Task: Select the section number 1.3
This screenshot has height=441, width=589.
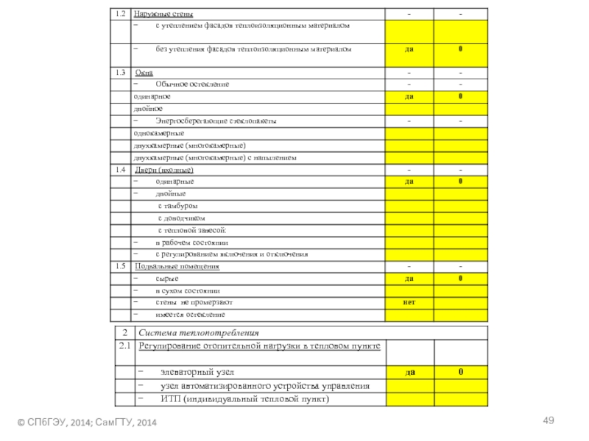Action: pyautogui.click(x=120, y=73)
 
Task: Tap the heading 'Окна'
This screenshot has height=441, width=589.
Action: pyautogui.click(x=144, y=73)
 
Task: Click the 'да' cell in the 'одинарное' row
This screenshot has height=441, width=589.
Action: pyautogui.click(x=407, y=96)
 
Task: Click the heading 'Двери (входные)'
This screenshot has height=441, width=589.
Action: pyautogui.click(x=164, y=170)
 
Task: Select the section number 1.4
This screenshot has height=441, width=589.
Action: pyautogui.click(x=120, y=170)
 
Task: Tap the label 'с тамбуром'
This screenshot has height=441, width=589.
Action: pyautogui.click(x=177, y=206)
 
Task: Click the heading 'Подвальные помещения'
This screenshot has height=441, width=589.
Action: pyautogui.click(x=177, y=266)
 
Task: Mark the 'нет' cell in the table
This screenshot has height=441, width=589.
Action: pyautogui.click(x=407, y=302)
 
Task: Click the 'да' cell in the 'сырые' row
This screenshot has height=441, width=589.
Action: pyautogui.click(x=407, y=279)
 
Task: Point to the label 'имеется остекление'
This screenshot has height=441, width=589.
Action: pyautogui.click(x=190, y=315)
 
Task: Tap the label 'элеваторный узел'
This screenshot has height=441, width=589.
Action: pyautogui.click(x=198, y=373)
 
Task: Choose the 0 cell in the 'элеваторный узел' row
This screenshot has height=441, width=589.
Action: pyautogui.click(x=460, y=373)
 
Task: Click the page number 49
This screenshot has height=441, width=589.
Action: pyautogui.click(x=547, y=420)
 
